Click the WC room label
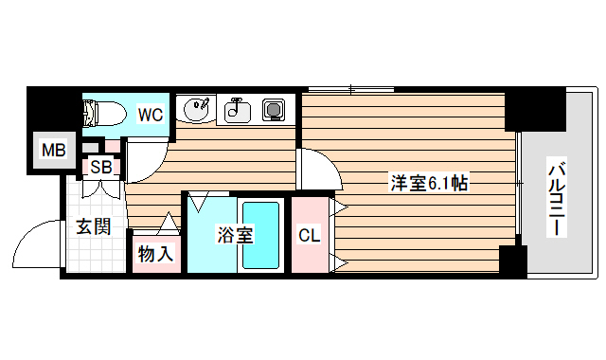151,115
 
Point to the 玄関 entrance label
94,226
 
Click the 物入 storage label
155,254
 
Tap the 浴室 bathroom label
234,235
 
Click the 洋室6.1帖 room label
429,183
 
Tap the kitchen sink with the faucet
236,112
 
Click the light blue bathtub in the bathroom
261,235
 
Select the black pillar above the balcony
534,110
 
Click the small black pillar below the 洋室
512,261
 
